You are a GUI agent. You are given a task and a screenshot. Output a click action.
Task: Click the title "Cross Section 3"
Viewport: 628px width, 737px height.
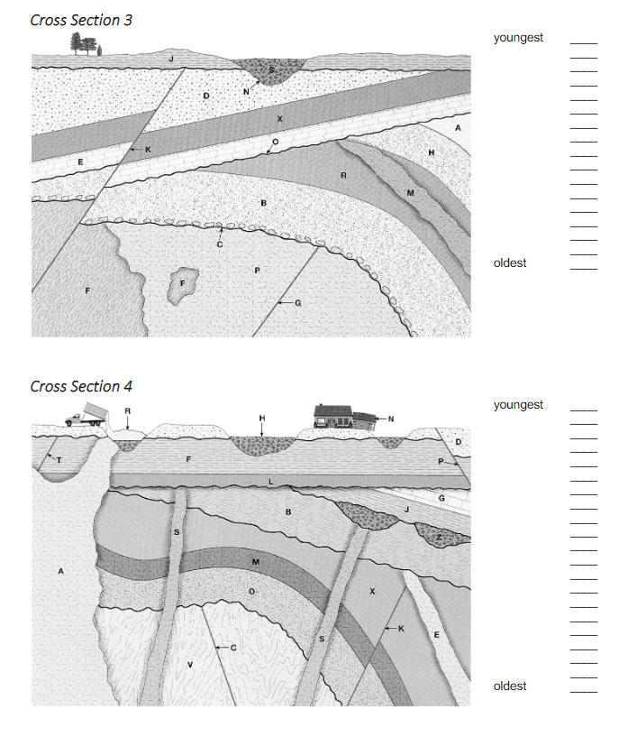81,20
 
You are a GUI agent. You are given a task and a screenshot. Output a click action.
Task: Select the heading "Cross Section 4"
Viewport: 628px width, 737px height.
81,386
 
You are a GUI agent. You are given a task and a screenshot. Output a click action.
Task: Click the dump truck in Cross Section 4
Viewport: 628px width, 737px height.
86,416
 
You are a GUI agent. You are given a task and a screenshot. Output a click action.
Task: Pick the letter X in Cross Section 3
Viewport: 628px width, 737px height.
279,118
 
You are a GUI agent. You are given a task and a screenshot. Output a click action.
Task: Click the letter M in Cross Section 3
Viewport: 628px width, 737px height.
410,192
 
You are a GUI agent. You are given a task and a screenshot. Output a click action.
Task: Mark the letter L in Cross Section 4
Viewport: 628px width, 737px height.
271,483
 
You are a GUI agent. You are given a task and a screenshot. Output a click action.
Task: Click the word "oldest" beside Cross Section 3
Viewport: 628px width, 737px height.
510,263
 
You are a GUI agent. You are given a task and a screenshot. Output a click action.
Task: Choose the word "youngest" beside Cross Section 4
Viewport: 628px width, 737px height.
518,405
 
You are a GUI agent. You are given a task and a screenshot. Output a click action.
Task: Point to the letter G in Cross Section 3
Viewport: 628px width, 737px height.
297,303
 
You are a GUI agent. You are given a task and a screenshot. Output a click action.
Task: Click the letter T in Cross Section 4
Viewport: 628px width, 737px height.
59,460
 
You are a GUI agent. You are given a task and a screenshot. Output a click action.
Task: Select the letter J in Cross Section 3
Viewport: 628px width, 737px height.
170,58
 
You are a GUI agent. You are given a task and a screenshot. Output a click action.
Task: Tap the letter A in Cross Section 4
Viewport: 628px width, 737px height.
61,571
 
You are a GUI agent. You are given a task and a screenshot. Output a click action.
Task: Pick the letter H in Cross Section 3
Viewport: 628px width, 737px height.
431,152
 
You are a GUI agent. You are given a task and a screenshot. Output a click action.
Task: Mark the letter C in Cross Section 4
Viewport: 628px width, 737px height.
232,648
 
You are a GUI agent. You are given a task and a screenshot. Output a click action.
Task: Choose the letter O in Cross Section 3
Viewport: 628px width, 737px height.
275,142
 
